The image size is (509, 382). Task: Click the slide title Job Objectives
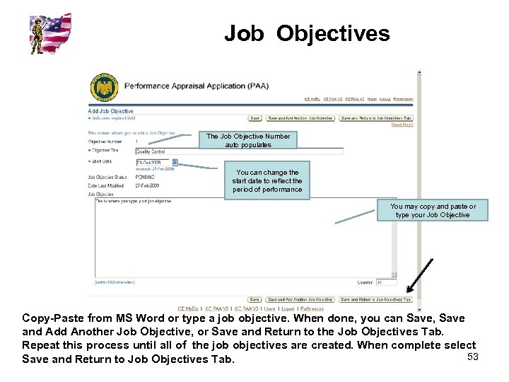tap(307, 33)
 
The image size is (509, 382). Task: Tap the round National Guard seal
tap(104, 88)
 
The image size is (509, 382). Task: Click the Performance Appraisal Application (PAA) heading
tap(196, 86)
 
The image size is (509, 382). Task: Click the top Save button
tap(255, 118)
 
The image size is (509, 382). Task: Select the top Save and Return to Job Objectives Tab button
tap(375, 118)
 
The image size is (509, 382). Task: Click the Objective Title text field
tap(239, 151)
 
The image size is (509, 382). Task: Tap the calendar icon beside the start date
tap(175, 162)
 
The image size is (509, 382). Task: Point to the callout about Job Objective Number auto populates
tap(247, 141)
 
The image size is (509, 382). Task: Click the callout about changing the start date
tap(267, 181)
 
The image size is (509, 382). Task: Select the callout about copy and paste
tap(433, 211)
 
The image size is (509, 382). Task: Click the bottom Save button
tap(255, 299)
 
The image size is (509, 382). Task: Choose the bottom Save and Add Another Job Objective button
tap(301, 299)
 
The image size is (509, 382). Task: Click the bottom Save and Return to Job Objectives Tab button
tap(375, 299)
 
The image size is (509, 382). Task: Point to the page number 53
tap(473, 357)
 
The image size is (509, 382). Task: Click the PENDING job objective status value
tap(145, 177)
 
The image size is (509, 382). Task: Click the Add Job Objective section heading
tap(111, 111)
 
